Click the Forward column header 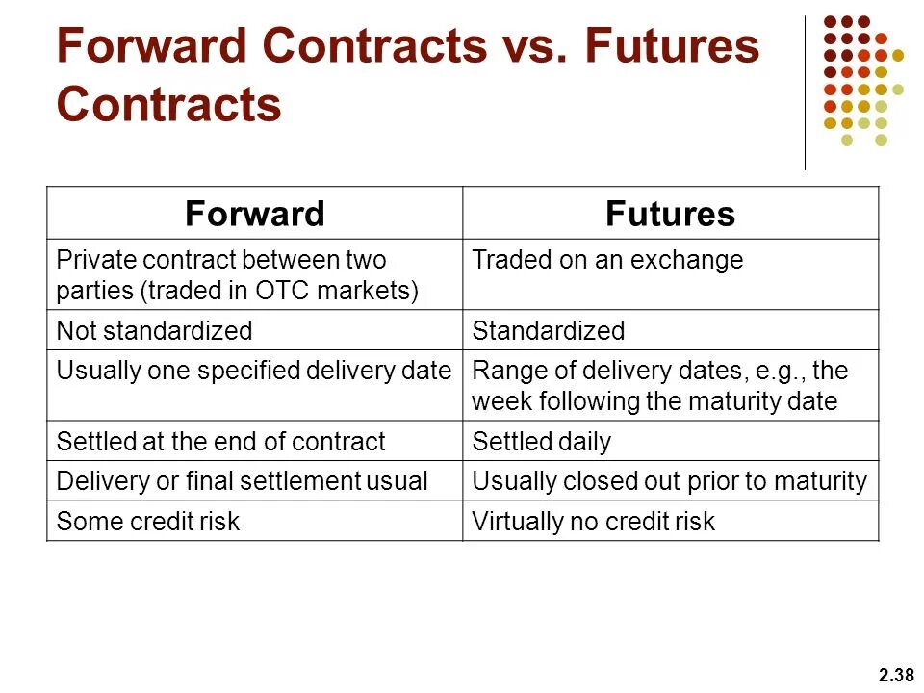tap(254, 214)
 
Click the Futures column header tap(670, 214)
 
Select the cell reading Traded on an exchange tap(607, 260)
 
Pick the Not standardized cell tap(154, 331)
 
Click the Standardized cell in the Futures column tap(548, 331)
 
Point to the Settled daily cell tap(541, 442)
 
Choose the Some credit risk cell tap(148, 522)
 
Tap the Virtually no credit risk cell tap(593, 522)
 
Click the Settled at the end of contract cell tap(220, 442)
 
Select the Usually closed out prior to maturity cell tap(669, 481)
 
